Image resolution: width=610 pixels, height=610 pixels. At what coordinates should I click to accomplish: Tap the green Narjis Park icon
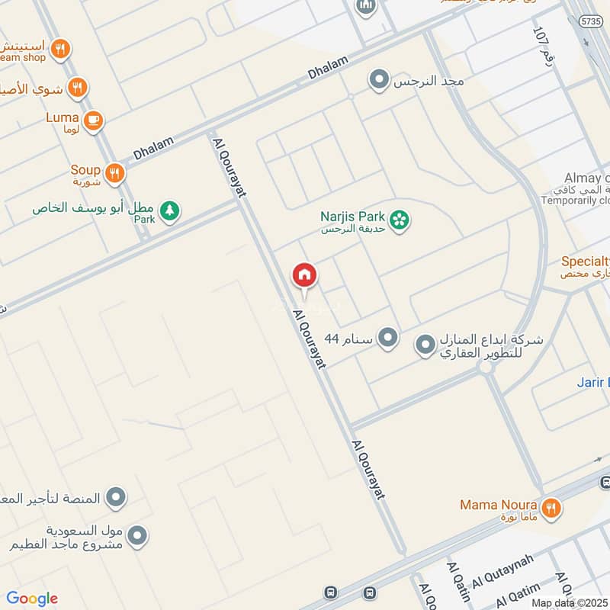pyautogui.click(x=399, y=221)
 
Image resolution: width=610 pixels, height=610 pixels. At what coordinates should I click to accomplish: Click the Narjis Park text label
pyautogui.click(x=352, y=216)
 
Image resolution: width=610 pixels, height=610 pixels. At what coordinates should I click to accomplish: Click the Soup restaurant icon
pyautogui.click(x=115, y=173)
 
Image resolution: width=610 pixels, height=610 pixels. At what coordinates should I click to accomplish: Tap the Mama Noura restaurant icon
pyautogui.click(x=550, y=506)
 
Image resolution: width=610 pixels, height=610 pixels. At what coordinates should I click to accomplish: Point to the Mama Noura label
pyautogui.click(x=498, y=505)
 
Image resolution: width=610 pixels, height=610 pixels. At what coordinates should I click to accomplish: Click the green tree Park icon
pyautogui.click(x=169, y=210)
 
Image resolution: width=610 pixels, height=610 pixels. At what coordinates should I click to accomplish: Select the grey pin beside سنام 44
pyautogui.click(x=388, y=336)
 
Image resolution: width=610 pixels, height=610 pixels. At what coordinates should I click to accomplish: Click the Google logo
pyautogui.click(x=32, y=599)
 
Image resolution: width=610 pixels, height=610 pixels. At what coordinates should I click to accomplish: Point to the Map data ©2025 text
pyautogui.click(x=569, y=602)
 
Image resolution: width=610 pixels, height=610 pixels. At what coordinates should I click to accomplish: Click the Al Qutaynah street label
pyautogui.click(x=502, y=571)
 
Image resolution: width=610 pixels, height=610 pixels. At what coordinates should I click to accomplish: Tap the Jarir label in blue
pyautogui.click(x=593, y=382)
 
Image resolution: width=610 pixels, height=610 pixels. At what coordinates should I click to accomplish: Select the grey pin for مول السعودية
pyautogui.click(x=137, y=536)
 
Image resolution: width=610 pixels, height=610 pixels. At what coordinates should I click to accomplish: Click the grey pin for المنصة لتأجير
pyautogui.click(x=115, y=498)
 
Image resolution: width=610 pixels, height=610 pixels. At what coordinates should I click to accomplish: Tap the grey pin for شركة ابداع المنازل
pyautogui.click(x=425, y=345)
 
